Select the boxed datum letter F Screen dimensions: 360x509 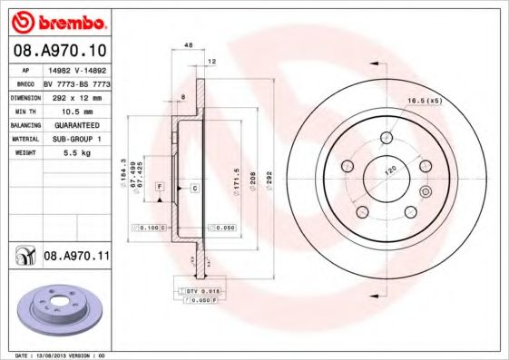point(159,187)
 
